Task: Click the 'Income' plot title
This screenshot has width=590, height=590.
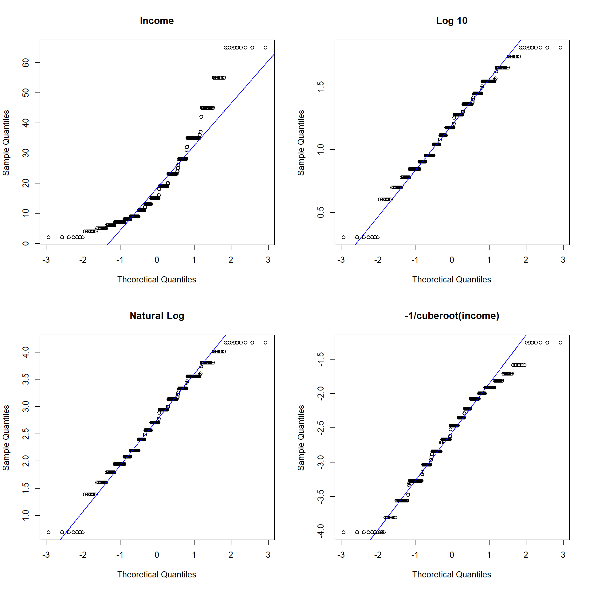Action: pos(157,21)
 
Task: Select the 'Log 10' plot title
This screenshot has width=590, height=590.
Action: pos(452,21)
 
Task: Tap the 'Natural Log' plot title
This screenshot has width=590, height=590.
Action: pos(157,316)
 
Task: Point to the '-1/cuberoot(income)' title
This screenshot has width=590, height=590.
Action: pos(452,316)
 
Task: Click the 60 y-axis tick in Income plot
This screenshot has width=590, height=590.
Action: pos(26,63)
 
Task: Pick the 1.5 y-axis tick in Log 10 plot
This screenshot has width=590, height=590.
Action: pos(321,87)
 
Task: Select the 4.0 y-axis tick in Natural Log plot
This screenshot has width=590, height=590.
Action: pos(26,352)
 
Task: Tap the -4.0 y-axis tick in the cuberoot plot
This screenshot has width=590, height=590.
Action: pos(321,531)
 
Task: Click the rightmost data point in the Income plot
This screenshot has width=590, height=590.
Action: pos(265,48)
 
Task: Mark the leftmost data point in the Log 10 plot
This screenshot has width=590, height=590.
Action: pos(344,237)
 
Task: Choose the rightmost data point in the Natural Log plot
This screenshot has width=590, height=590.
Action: pos(265,343)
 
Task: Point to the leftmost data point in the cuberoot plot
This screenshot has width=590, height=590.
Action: pos(344,532)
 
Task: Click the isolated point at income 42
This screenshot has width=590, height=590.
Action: pos(201,117)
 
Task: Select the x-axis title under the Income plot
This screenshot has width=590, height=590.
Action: pos(157,280)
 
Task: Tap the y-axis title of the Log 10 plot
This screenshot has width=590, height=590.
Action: pos(301,143)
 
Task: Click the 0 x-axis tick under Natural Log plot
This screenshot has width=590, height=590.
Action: pos(157,555)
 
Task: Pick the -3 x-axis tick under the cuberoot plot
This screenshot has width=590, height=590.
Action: pos(341,555)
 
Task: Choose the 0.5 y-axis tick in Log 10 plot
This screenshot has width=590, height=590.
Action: pos(321,212)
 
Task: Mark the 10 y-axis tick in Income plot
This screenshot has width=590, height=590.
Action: pos(26,213)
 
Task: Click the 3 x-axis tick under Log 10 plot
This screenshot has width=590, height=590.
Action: pos(563,260)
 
